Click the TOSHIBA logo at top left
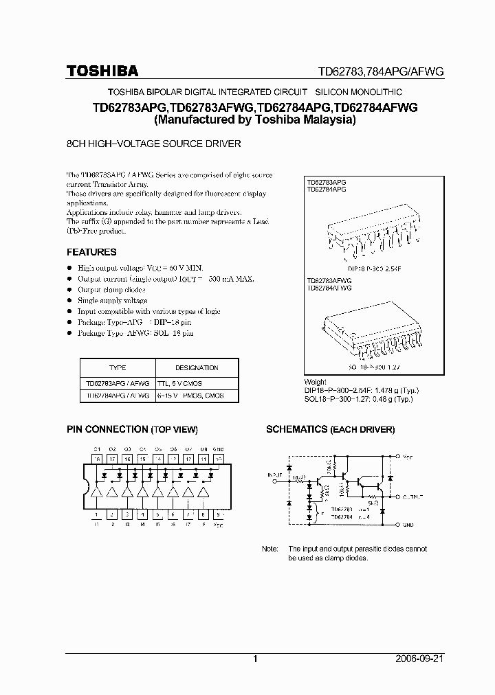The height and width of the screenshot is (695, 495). click(102, 71)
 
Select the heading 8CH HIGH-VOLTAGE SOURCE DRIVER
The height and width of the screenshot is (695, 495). click(153, 144)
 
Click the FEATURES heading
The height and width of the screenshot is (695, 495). click(91, 252)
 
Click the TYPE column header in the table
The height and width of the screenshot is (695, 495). click(118, 367)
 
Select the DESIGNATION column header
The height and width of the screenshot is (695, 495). click(197, 367)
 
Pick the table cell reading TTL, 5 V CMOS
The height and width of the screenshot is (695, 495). click(179, 383)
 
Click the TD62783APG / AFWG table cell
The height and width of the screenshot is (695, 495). click(118, 383)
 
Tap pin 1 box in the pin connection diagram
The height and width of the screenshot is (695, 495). click(97, 514)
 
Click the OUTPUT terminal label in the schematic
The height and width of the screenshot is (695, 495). click(414, 495)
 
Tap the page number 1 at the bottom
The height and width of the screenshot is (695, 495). click(255, 659)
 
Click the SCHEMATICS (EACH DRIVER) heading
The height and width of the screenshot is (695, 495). click(330, 429)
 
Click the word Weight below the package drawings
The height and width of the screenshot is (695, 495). click(316, 382)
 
